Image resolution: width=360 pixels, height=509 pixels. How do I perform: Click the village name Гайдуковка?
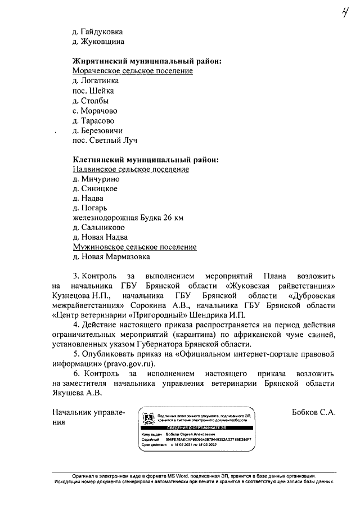(101, 31)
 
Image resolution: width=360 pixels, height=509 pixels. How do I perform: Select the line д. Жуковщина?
(98, 41)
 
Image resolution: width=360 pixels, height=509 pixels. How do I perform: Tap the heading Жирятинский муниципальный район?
(146, 61)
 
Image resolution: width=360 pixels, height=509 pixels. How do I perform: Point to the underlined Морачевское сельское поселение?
(133, 71)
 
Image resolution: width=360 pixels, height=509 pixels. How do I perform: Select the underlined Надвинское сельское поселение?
(131, 169)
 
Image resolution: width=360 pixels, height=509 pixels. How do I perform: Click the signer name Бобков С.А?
(314, 412)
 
